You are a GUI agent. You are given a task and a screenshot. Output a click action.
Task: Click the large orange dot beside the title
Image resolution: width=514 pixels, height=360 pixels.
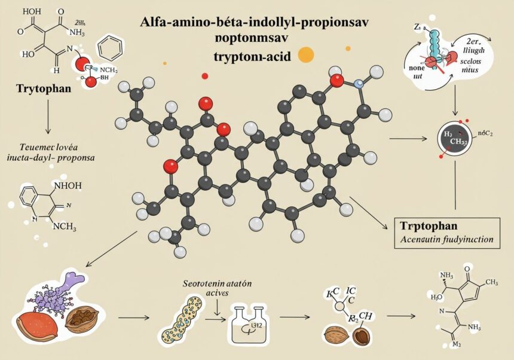[305, 54]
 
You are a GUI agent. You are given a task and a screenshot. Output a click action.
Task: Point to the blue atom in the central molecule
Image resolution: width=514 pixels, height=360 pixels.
[359, 84]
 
